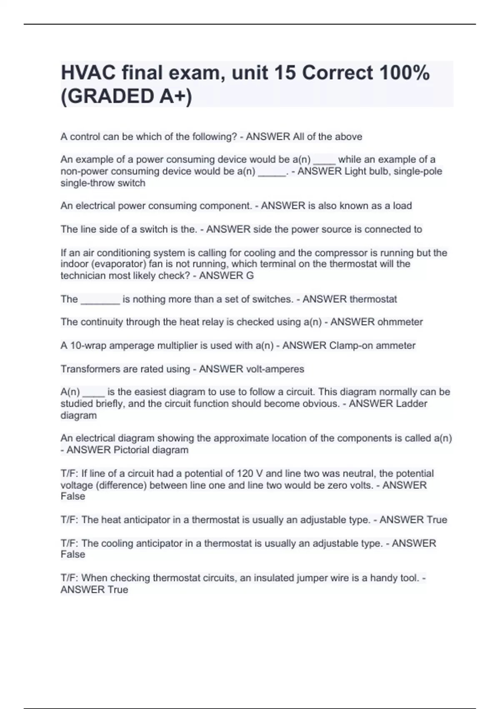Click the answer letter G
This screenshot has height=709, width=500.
[250, 275]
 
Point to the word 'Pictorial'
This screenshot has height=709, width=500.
[131, 450]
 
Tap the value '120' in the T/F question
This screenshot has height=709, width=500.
[245, 473]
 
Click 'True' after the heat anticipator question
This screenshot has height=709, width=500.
[437, 520]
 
